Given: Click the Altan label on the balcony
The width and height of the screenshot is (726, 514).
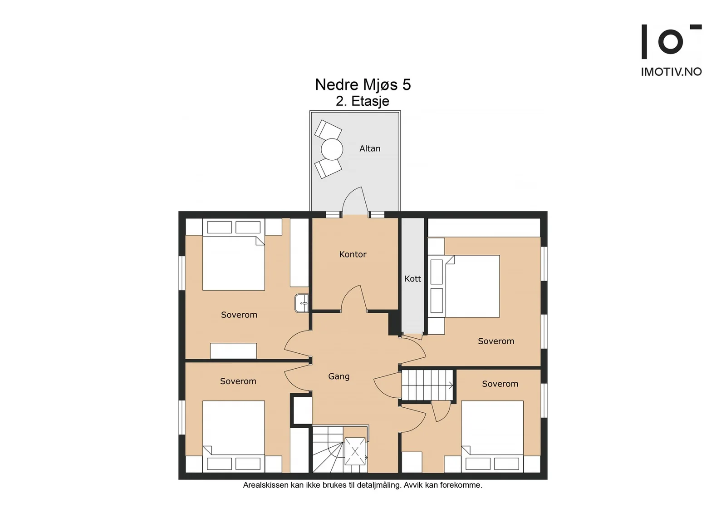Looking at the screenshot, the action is [x=370, y=148].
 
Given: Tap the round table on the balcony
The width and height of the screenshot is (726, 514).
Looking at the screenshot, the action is [x=332, y=149].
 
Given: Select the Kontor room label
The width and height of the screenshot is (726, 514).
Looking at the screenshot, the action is [x=353, y=254].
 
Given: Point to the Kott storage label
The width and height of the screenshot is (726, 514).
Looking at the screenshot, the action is [x=412, y=278].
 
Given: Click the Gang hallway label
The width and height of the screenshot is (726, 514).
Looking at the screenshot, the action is [x=338, y=376].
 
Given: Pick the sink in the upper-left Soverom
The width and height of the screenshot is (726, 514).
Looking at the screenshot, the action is [x=301, y=303].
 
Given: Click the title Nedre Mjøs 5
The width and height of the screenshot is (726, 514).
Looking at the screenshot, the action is [x=363, y=84].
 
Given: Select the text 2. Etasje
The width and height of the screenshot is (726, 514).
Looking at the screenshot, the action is [x=363, y=101].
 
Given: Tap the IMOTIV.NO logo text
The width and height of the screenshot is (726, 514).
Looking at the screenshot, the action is [x=671, y=72].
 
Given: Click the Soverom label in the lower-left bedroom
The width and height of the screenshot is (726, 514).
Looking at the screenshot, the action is [x=238, y=381].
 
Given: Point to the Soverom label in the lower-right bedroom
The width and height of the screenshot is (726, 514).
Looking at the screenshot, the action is [x=500, y=384].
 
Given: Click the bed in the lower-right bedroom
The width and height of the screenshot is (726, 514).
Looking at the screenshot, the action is [x=492, y=436].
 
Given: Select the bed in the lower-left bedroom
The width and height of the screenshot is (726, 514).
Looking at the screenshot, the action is [x=234, y=436].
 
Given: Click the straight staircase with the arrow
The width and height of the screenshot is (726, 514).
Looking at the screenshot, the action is [x=427, y=385].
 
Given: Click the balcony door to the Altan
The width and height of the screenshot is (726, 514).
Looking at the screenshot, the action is [x=355, y=202].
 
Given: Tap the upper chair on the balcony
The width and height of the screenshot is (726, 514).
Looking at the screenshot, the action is [x=328, y=130].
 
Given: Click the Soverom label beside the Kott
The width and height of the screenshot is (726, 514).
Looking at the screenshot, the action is [x=496, y=341].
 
